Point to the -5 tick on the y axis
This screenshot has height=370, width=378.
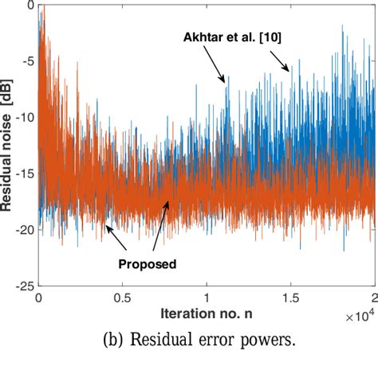[25, 60]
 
